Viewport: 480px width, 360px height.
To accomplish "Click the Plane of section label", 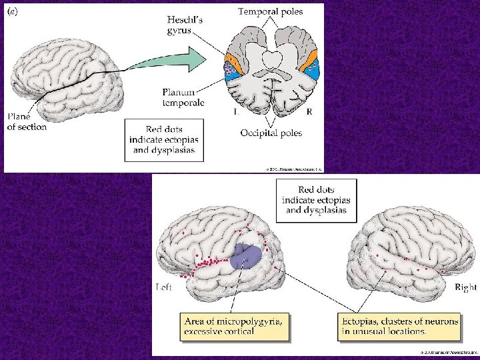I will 27,121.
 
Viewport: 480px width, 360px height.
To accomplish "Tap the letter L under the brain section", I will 236,113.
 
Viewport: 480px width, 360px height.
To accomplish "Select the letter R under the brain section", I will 309,113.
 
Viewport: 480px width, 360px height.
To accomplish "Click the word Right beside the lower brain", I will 465,287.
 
